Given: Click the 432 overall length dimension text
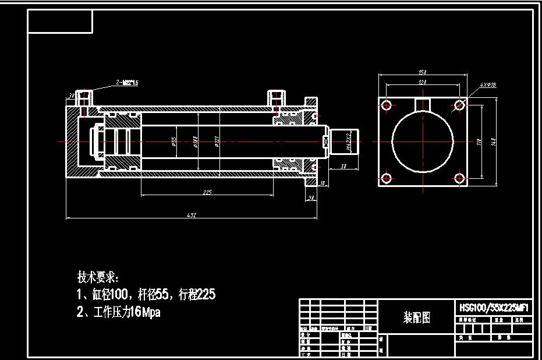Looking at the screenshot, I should (192, 216).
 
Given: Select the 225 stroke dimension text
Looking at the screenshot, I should (207, 192).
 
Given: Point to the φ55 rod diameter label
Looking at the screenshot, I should (174, 142).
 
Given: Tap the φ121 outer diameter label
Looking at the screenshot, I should (217, 142).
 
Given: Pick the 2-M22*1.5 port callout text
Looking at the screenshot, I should (127, 83).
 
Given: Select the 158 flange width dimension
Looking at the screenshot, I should (423, 72).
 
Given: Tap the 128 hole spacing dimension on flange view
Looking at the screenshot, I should (423, 83).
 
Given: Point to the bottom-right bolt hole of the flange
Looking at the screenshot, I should (459, 178).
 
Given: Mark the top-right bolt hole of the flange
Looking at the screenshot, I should (459, 105).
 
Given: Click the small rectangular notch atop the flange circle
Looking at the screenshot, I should (423, 103).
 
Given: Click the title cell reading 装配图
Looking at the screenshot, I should (417, 317).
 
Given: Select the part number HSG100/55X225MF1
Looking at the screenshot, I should (494, 307).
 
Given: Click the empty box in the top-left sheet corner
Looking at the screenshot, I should (61, 22).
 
